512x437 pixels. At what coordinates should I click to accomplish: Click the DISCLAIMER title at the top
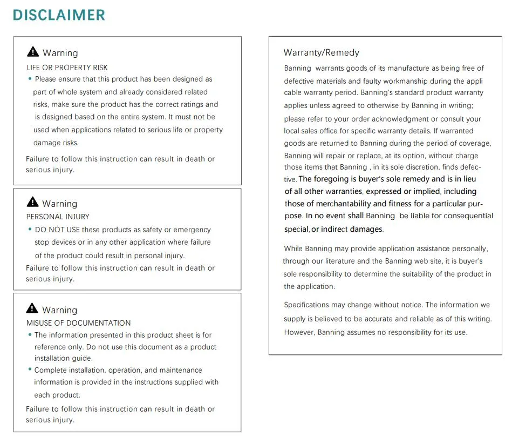[x=59, y=15]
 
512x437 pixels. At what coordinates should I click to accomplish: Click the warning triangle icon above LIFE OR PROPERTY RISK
[x=33, y=52]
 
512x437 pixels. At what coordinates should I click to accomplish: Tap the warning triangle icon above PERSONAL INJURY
[x=33, y=203]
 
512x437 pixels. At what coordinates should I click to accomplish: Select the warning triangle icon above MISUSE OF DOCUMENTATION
[x=33, y=309]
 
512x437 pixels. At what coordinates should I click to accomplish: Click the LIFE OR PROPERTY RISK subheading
[x=67, y=68]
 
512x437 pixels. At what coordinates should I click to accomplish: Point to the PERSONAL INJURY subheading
[x=58, y=217]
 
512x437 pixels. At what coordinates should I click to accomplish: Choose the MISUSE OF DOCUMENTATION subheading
[x=79, y=323]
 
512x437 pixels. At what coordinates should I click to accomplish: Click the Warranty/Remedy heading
[x=321, y=52]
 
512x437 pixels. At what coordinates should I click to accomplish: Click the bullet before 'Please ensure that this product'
[x=30, y=79]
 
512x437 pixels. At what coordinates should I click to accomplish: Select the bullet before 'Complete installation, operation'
[x=30, y=370]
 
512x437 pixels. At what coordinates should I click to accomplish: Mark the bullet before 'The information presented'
[x=30, y=335]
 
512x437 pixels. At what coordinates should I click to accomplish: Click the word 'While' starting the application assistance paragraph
[x=293, y=248]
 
